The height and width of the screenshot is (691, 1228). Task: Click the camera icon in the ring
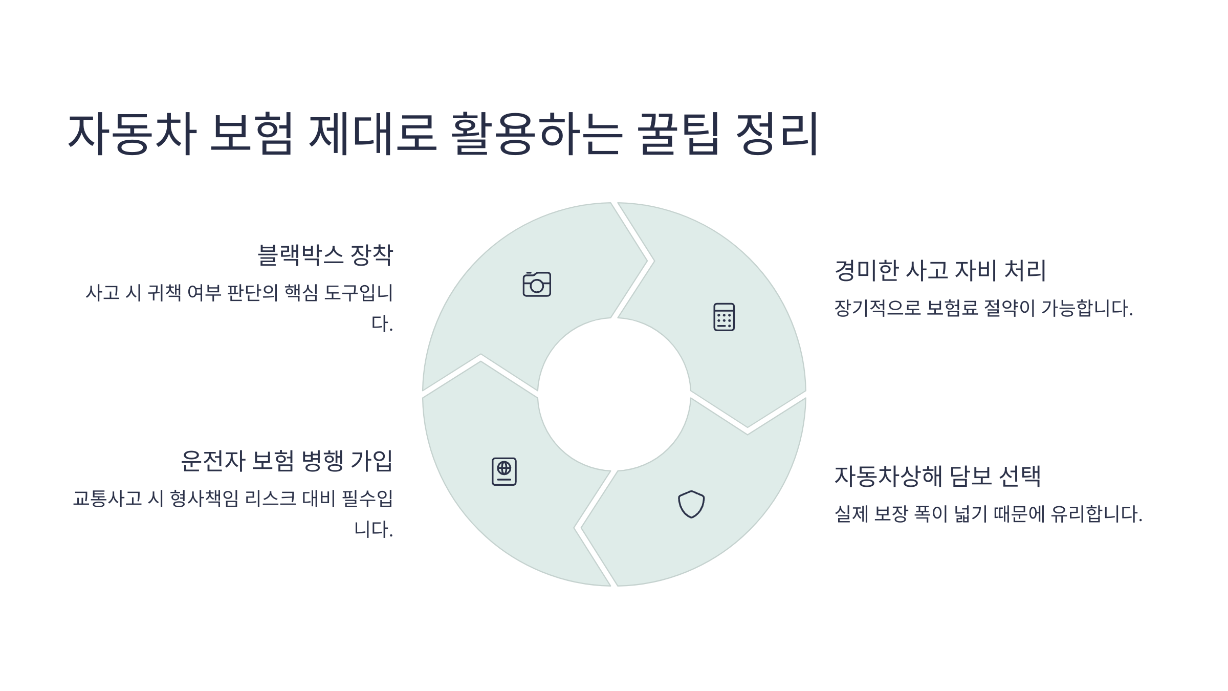pyautogui.click(x=537, y=284)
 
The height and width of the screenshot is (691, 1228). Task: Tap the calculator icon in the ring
pyautogui.click(x=724, y=317)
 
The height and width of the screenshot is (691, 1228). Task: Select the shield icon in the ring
pyautogui.click(x=691, y=504)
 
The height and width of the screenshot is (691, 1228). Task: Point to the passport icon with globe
pyautogui.click(x=504, y=471)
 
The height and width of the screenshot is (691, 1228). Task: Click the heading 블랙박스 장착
pyautogui.click(x=325, y=255)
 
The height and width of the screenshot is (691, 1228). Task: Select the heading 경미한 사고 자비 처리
pyautogui.click(x=940, y=270)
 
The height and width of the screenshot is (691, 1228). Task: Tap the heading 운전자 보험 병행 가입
pyautogui.click(x=287, y=461)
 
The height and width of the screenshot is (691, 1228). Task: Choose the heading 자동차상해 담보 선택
pyautogui.click(x=937, y=476)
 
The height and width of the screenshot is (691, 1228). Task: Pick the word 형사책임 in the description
pyautogui.click(x=204, y=499)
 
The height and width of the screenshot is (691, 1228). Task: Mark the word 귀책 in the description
pyautogui.click(x=164, y=293)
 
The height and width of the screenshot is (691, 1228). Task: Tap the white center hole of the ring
pyautogui.click(x=614, y=394)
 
